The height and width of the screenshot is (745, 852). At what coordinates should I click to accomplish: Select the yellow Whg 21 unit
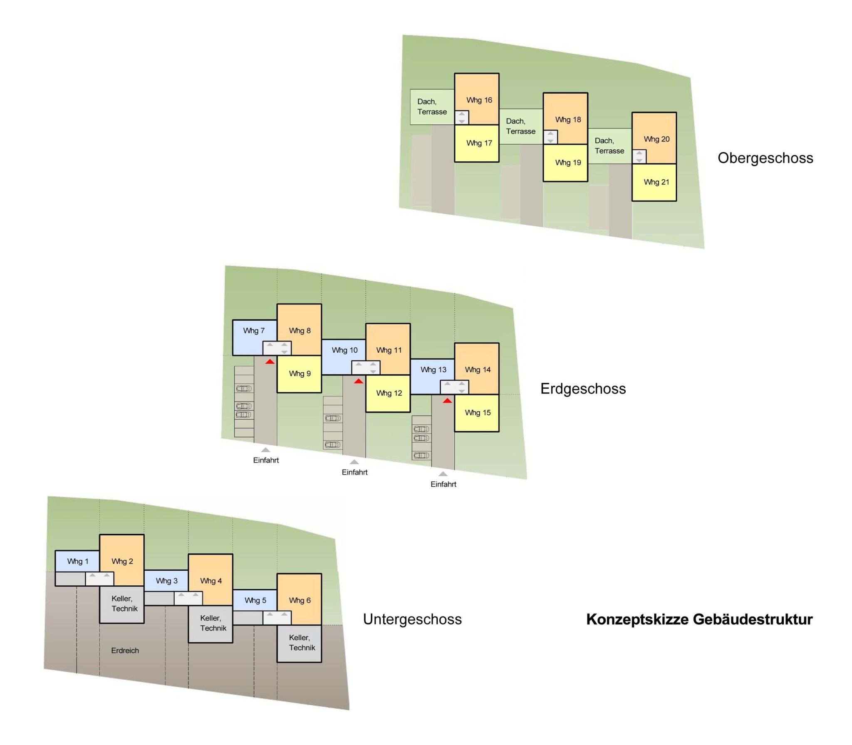654,182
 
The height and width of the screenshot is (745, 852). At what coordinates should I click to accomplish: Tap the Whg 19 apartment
565,163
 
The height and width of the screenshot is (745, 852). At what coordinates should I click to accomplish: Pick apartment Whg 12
388,393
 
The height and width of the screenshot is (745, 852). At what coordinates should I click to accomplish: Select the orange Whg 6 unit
300,599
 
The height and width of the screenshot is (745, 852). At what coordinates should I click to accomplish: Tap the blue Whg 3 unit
166,581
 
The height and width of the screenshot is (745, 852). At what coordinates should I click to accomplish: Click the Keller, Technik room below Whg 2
122,604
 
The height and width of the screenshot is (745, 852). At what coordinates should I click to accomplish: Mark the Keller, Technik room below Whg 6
300,644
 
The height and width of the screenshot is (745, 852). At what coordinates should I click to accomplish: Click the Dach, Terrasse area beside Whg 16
432,107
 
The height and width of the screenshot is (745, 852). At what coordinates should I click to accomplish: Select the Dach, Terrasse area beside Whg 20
609,146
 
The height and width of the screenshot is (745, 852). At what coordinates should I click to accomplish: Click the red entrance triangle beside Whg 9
270,361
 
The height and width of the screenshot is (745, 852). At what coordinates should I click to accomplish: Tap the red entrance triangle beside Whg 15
447,401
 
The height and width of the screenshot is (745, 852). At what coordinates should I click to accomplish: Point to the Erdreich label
125,651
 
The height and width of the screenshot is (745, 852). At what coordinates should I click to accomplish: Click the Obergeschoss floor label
765,158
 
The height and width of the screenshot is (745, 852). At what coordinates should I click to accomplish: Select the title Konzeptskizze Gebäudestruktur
699,619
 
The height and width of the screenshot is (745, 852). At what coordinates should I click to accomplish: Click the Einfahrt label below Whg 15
443,484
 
